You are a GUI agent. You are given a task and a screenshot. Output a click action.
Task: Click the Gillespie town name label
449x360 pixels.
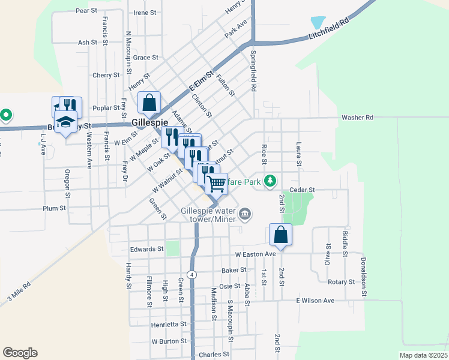click(x=149, y=122)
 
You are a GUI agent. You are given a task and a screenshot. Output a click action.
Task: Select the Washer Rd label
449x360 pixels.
click(x=357, y=117)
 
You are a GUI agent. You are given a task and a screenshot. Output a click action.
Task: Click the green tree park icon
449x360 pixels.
click(x=271, y=179)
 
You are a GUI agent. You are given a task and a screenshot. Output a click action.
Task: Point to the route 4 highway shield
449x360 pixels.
click(x=191, y=274)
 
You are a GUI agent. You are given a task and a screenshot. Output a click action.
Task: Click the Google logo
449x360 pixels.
click(x=20, y=353)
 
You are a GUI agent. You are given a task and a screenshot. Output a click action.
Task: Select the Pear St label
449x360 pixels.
click(x=87, y=11)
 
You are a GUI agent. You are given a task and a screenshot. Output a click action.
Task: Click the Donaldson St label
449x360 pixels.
click(x=363, y=277)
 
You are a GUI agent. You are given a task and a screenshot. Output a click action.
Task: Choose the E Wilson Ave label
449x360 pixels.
click(x=315, y=300)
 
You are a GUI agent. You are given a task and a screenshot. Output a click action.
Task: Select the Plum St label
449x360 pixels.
click(x=54, y=208)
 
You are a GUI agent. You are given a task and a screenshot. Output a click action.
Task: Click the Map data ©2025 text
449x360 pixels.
click(x=423, y=355)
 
